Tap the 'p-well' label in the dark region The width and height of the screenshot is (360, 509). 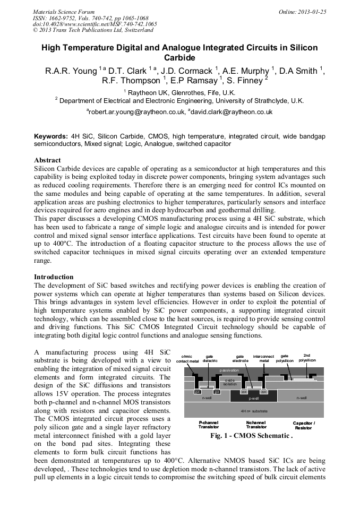pyautogui.click(x=254, y=398)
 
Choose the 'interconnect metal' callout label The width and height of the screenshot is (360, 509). pyautogui.click(x=264, y=359)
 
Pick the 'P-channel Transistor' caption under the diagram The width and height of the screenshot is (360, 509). pyautogui.click(x=208, y=425)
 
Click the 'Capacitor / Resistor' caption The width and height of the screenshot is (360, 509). pyautogui.click(x=304, y=425)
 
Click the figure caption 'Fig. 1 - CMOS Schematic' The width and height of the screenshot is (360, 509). pyautogui.click(x=252, y=436)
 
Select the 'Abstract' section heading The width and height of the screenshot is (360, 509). pyautogui.click(x=47, y=160)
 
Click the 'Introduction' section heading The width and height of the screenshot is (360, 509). pyautogui.click(x=54, y=277)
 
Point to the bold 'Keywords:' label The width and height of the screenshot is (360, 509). pyautogui.click(x=51, y=136)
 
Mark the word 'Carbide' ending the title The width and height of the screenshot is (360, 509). pyautogui.click(x=179, y=57)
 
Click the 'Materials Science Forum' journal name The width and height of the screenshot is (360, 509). pyautogui.click(x=64, y=11)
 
